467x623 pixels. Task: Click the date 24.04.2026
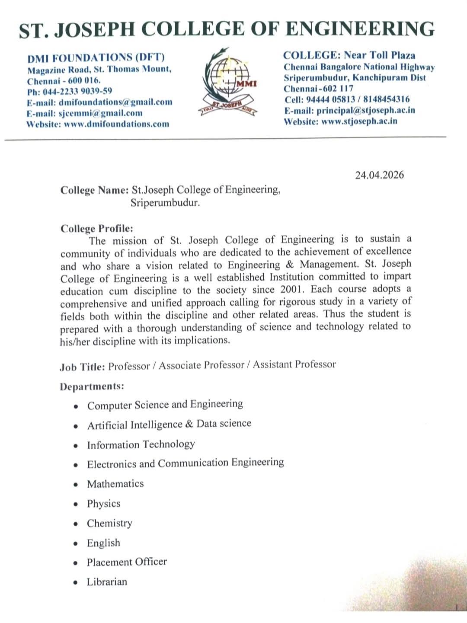379,175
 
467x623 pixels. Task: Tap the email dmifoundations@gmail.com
115,102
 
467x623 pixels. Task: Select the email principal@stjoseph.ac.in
365,110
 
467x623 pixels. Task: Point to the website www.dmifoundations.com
116,124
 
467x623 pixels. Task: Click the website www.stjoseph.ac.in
359,121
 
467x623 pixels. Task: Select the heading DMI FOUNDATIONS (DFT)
96,58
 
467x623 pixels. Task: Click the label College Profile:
97,228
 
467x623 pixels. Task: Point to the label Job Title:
82,367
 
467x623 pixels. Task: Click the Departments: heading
92,387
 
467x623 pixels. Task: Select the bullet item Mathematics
115,484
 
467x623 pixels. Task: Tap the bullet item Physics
104,504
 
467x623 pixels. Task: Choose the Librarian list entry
107,582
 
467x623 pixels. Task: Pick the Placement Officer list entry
127,562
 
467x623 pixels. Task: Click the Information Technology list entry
141,444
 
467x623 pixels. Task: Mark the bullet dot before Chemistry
76,524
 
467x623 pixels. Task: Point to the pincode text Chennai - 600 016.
64,80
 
